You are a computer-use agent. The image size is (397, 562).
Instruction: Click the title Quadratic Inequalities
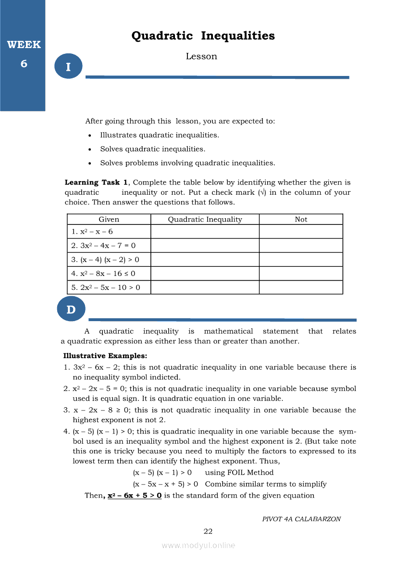tap(203, 36)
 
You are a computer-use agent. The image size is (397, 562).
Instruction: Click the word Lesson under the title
tap(201, 57)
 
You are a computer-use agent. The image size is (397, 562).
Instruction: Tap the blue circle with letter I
tap(68, 67)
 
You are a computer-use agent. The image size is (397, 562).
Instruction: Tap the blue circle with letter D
tap(71, 310)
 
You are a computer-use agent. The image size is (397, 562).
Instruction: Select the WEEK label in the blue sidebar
tap(24, 45)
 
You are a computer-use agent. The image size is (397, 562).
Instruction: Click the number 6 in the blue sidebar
tap(24, 63)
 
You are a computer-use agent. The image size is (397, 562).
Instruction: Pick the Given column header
tap(109, 220)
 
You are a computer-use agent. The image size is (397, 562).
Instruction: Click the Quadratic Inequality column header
tap(205, 220)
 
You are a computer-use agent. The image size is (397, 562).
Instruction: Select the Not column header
tap(301, 220)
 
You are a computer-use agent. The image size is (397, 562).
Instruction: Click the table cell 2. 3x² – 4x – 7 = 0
tap(103, 246)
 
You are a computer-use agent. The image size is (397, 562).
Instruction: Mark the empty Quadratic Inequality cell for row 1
tap(205, 232)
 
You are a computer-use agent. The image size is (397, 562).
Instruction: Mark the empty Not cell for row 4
tap(301, 274)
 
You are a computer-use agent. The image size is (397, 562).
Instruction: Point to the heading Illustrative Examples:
tap(105, 356)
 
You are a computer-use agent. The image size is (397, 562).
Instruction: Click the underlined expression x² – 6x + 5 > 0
tap(134, 496)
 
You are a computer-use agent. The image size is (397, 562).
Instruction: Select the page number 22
tap(208, 531)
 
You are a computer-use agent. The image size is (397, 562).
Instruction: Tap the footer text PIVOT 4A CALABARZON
tap(301, 519)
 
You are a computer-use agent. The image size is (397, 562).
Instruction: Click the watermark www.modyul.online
tap(198, 545)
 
